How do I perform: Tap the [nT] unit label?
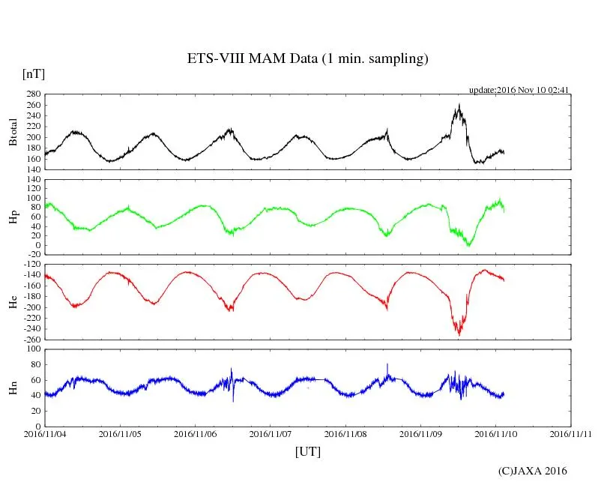coord(34,74)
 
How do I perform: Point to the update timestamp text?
coord(520,90)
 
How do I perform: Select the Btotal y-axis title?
coord(13,132)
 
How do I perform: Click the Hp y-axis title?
coord(13,218)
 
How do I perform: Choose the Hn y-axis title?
coord(13,388)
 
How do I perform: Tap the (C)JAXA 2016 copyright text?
coord(533,471)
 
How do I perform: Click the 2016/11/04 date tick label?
coord(45,433)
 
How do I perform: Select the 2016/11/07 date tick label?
coord(271,433)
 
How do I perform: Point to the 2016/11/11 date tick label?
coord(571,433)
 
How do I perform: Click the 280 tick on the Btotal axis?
coord(32,94)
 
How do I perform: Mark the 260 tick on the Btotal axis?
coord(32,105)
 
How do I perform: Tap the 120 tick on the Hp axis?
coord(32,179)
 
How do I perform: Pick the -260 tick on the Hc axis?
coord(30,340)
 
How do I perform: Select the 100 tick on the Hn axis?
coord(32,349)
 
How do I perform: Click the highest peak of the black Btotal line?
coord(459,105)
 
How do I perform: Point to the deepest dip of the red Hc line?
coord(459,334)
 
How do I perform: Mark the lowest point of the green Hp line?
coord(469,245)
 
